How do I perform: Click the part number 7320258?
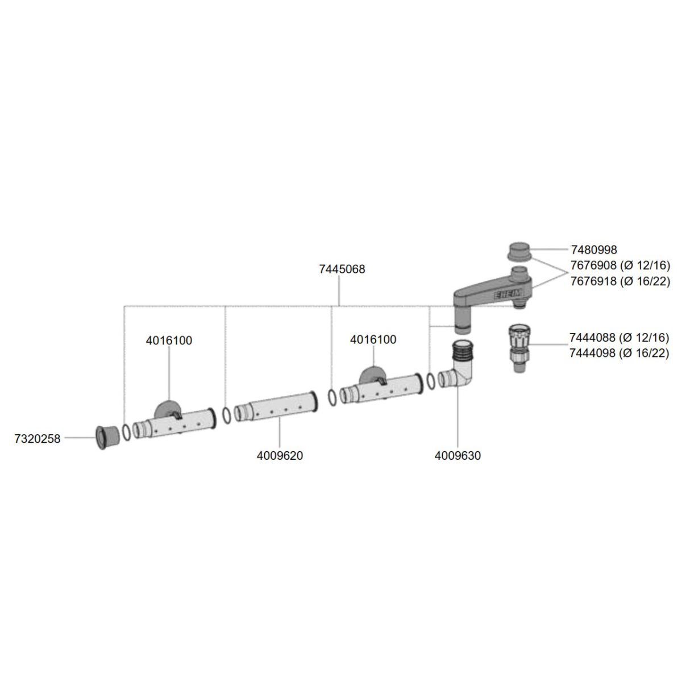(x=38, y=439)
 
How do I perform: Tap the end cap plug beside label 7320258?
(x=107, y=438)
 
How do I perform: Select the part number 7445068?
(x=342, y=269)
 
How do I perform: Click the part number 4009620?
(x=280, y=456)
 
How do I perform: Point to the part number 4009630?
(x=458, y=456)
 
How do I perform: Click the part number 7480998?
(x=594, y=250)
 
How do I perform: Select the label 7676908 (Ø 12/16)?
(x=621, y=265)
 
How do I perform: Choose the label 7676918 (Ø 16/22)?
(x=621, y=281)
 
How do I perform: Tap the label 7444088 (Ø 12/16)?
(x=619, y=338)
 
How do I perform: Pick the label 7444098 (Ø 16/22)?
(x=619, y=353)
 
